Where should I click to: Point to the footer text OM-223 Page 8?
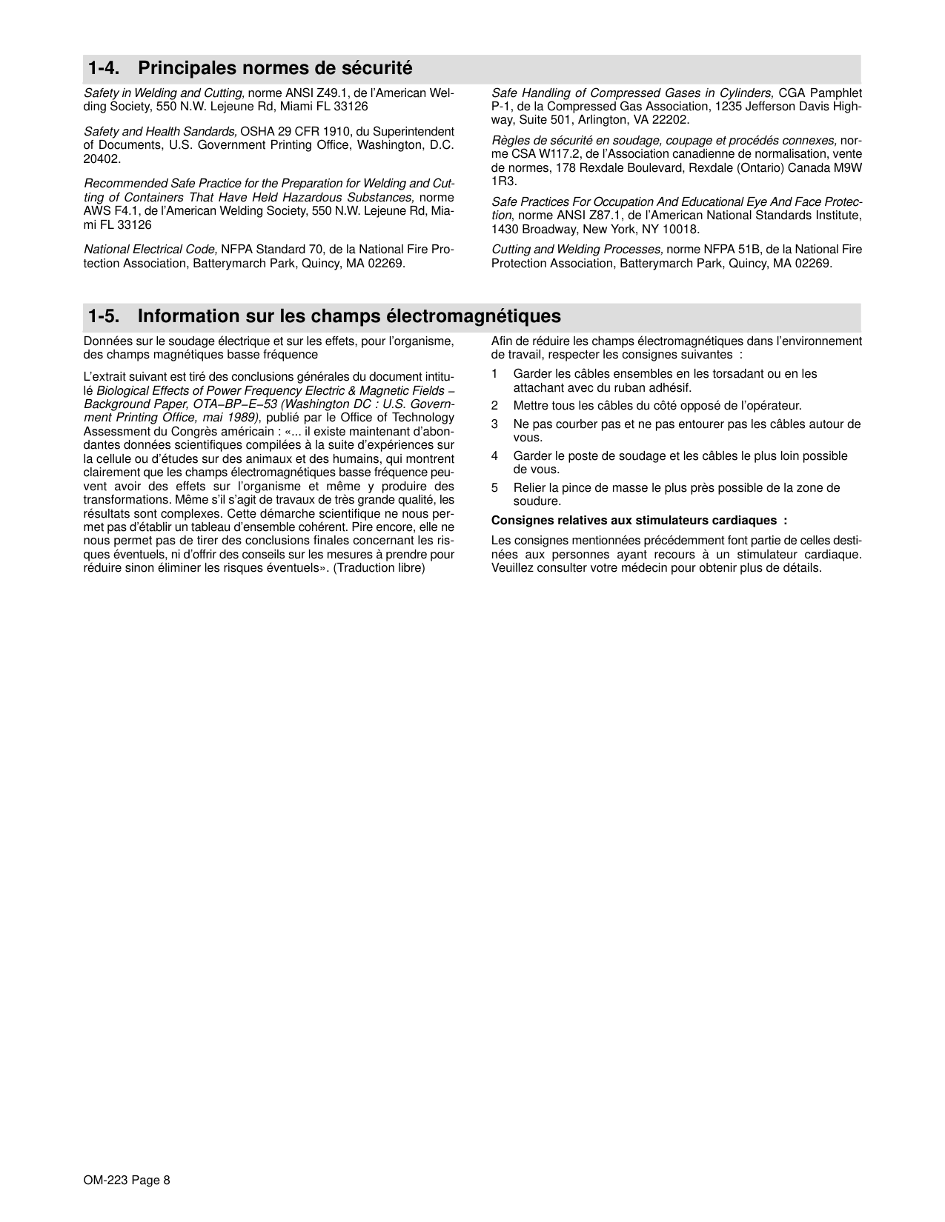coord(127,1181)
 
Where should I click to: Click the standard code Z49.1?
coord(334,93)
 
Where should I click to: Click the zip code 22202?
coord(674,120)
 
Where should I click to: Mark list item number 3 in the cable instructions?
coord(494,424)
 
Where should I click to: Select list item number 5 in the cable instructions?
coord(494,488)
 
